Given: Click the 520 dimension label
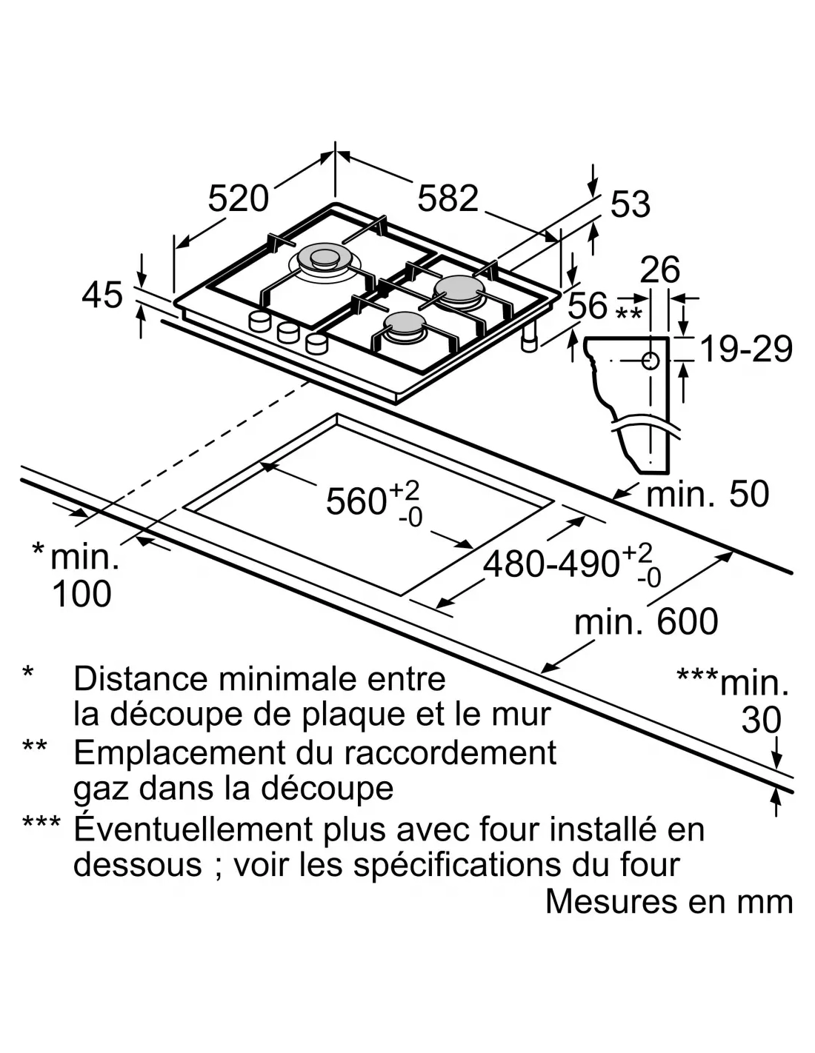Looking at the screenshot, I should tap(238, 198).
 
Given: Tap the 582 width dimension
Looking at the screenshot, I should tap(448, 198).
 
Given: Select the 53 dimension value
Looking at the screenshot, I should tap(631, 204).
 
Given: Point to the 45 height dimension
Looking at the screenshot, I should tap(102, 295).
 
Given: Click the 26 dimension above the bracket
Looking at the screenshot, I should tap(659, 270).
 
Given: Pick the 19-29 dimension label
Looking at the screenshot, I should tap(745, 350).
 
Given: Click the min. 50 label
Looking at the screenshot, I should tap(708, 494).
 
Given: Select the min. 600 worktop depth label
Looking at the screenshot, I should tap(646, 621).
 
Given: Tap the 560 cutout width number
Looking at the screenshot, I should tap(356, 502).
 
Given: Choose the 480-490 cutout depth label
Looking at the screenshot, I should tap(551, 564).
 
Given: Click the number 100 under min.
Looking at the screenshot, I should tap(81, 594).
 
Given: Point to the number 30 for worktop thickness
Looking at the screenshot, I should tap(762, 720).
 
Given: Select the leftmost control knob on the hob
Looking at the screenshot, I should tap(260, 321).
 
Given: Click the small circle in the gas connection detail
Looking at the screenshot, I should tap(651, 361).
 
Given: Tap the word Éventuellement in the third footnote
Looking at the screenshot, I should tap(193, 829).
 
